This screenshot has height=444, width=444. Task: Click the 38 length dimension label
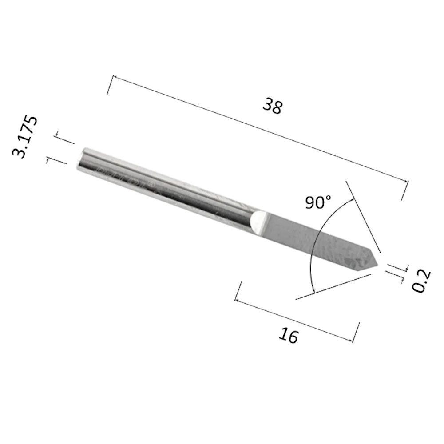point(273,106)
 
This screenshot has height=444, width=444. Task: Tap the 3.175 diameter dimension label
point(24,136)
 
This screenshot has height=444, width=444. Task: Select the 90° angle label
point(318,202)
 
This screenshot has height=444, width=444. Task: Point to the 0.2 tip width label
point(421,281)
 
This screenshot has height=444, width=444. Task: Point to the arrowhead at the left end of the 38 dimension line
point(115,77)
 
